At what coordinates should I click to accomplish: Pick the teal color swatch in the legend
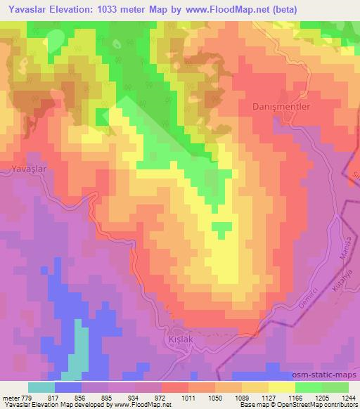[41, 387]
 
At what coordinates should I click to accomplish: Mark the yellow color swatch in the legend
[281, 387]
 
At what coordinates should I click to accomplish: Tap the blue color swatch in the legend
[68, 387]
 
